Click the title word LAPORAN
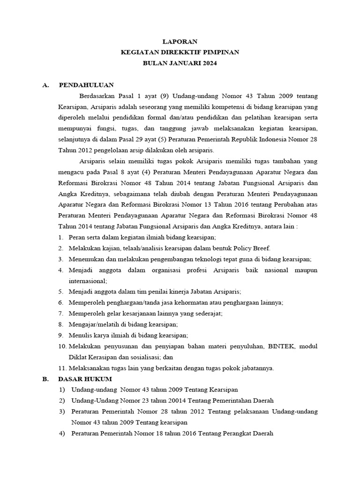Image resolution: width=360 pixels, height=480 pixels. (x=180, y=42)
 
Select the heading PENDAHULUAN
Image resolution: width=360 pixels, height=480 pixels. (x=86, y=85)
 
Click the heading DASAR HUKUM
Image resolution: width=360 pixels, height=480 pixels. (x=85, y=379)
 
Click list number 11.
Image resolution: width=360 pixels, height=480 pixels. (x=62, y=368)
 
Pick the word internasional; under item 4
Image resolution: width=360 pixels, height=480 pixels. (x=88, y=281)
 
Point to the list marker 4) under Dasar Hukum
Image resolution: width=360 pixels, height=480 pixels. (x=62, y=434)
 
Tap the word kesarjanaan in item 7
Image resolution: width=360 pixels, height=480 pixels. (x=137, y=314)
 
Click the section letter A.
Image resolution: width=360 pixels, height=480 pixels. (x=45, y=85)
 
